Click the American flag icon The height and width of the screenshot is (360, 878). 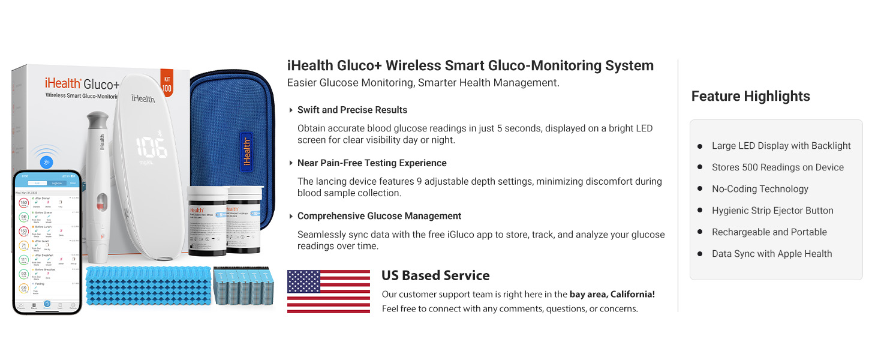(329, 291)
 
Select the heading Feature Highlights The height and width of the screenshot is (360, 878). (750, 96)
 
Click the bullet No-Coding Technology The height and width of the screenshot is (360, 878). (760, 189)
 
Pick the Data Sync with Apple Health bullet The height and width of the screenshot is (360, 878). (771, 254)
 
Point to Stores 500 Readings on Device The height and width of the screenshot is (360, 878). (777, 167)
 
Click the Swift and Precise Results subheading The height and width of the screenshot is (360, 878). (352, 110)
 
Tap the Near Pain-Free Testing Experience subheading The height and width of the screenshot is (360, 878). (372, 163)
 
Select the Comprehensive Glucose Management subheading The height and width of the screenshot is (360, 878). (379, 216)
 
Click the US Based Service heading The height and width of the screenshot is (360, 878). (435, 275)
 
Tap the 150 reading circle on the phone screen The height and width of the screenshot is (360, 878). (24, 203)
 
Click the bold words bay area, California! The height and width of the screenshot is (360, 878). (612, 295)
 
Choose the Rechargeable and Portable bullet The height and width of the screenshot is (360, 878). (769, 232)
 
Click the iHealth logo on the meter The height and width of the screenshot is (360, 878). (142, 98)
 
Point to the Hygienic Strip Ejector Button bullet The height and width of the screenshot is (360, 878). (772, 211)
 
